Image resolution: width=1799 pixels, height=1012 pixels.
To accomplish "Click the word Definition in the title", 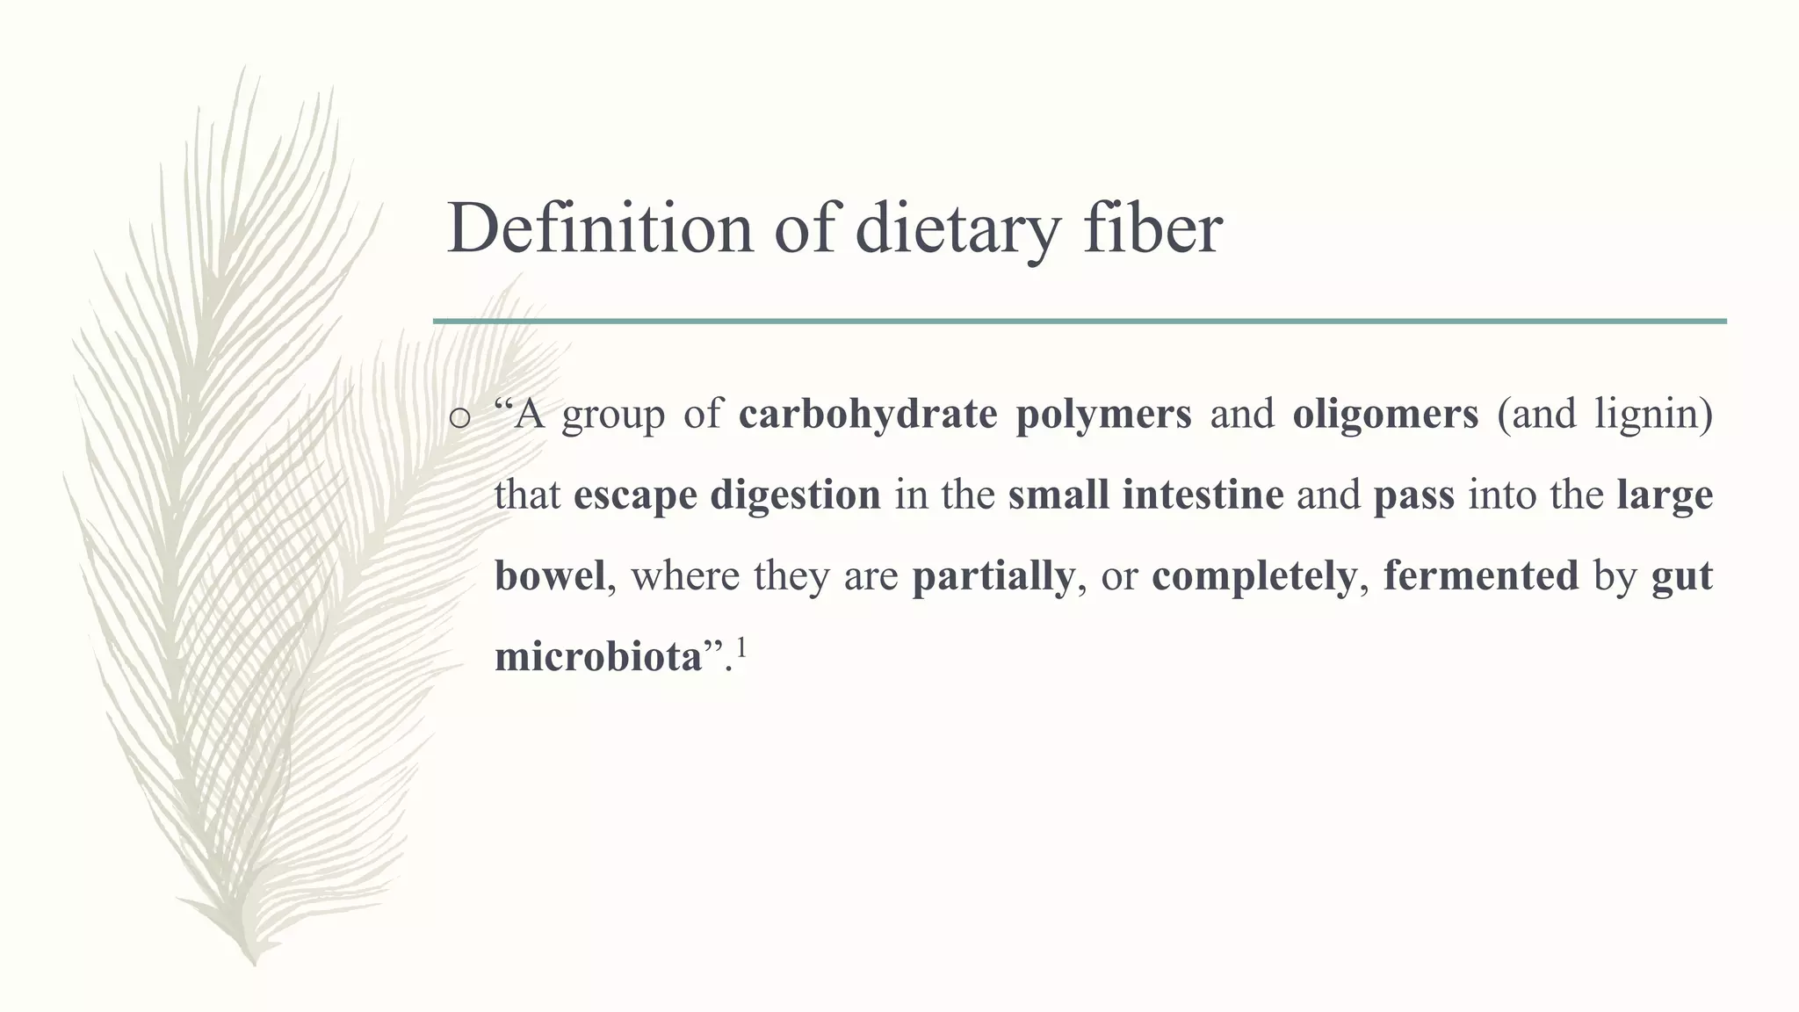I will click(x=600, y=228).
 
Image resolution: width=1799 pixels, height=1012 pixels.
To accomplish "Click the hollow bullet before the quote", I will click(x=459, y=418).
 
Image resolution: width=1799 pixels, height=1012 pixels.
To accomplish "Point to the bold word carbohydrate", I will click(x=867, y=415).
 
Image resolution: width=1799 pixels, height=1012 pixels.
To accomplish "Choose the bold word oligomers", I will click(x=1385, y=415).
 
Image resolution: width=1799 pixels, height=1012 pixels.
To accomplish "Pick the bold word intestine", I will click(x=1203, y=495).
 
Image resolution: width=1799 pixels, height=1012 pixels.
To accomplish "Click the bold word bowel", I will click(x=550, y=576).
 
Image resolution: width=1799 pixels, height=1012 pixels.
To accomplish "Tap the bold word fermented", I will click(x=1480, y=576).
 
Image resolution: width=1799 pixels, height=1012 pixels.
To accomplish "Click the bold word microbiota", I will click(x=598, y=657).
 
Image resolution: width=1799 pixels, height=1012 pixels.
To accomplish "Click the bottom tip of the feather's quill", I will click(x=254, y=964).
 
